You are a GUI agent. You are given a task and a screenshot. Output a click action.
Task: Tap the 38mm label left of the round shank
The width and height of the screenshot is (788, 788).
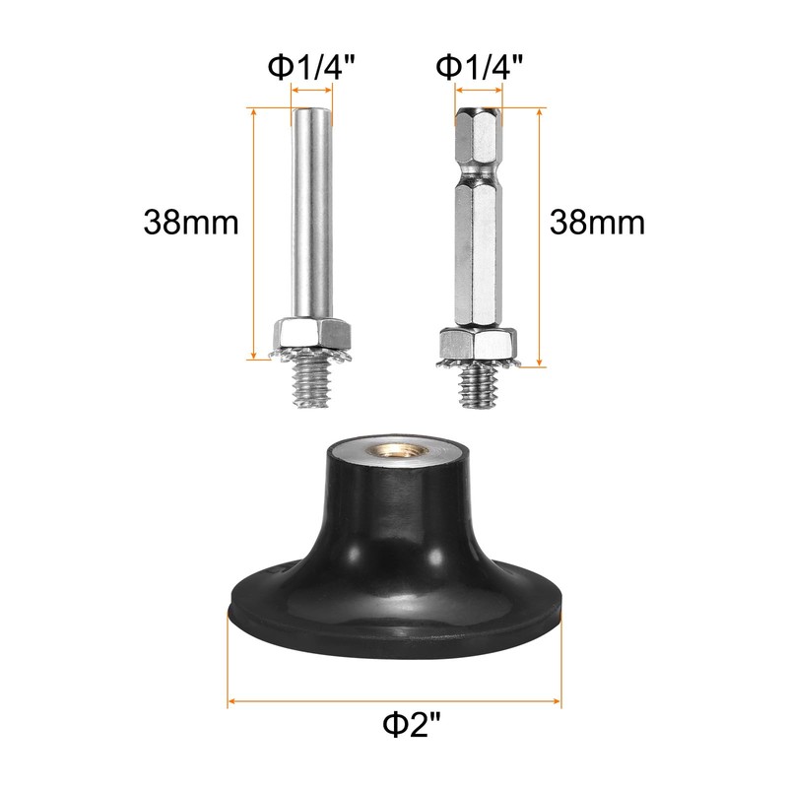click(x=191, y=221)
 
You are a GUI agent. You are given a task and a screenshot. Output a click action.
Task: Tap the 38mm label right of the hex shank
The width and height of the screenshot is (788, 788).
click(x=597, y=221)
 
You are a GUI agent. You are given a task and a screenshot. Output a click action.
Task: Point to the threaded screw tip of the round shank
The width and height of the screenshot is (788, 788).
click(x=312, y=378)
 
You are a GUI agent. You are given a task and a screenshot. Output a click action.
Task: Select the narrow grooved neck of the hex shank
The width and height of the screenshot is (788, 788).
click(x=479, y=171)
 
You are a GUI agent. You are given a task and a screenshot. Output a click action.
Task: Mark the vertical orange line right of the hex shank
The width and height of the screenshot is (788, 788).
click(x=540, y=236)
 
